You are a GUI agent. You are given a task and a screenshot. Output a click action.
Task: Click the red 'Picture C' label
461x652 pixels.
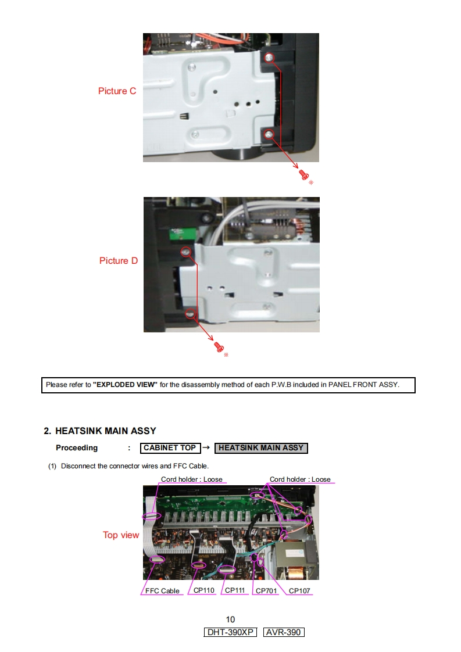tap(117, 91)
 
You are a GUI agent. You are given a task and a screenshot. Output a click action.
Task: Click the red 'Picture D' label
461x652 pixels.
tap(119, 261)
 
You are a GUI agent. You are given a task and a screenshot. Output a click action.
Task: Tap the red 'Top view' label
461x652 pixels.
tap(121, 535)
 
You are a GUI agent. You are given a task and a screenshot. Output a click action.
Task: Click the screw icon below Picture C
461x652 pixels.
tap(303, 174)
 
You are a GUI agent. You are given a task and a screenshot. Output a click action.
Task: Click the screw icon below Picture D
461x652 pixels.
tap(219, 347)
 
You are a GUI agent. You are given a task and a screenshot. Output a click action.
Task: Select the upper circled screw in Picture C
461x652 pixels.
tap(269, 58)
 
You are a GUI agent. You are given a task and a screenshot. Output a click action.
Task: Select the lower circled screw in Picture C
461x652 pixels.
tap(269, 135)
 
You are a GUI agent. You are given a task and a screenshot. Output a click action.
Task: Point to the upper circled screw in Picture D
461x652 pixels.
tap(185, 252)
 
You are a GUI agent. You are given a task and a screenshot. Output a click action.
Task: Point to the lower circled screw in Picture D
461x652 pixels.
tap(190, 314)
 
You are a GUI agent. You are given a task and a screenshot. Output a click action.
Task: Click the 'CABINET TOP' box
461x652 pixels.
tap(170, 448)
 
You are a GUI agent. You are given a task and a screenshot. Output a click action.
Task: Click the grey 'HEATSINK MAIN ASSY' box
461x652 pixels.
tap(261, 448)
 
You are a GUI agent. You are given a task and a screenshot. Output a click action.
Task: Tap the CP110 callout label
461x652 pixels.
tap(203, 590)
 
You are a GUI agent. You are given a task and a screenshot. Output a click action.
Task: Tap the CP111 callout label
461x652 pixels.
tap(235, 590)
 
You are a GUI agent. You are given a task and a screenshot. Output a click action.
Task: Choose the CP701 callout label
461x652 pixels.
tap(266, 591)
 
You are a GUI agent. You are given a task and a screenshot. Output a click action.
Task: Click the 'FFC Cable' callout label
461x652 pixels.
tap(162, 591)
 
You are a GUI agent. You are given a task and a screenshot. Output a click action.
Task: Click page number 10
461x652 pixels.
tap(230, 619)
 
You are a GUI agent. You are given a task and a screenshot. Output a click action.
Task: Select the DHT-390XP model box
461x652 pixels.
tap(230, 632)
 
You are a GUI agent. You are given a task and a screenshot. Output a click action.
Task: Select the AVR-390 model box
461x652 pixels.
tap(284, 632)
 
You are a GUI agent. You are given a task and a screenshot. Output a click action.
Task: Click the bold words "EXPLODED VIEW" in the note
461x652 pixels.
tap(125, 385)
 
